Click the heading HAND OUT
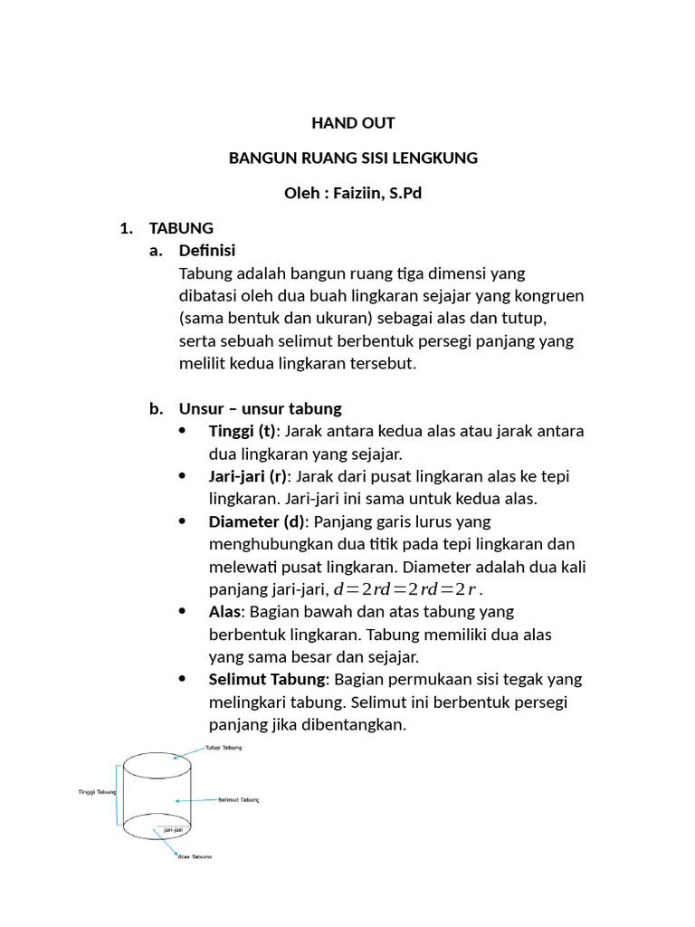tap(353, 122)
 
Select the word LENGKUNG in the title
tap(441, 158)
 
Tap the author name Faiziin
tap(358, 194)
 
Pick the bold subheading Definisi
tap(207, 251)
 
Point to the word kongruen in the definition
tap(551, 296)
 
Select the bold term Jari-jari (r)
tap(248, 476)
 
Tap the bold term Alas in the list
tap(224, 612)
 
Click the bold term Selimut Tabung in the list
tap(267, 680)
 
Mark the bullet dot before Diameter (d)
tap(184, 521)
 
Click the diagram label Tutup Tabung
tap(223, 749)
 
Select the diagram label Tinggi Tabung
tap(97, 791)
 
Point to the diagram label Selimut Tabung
tap(238, 800)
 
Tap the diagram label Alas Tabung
tap(195, 856)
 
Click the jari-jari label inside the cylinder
tap(174, 829)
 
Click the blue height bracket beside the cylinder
tap(118, 794)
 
